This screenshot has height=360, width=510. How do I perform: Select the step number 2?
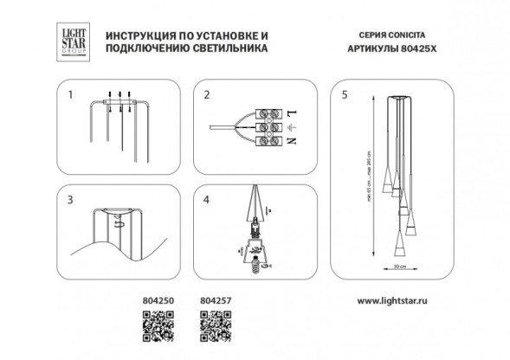[205, 94]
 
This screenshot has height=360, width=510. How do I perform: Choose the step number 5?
[345, 94]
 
